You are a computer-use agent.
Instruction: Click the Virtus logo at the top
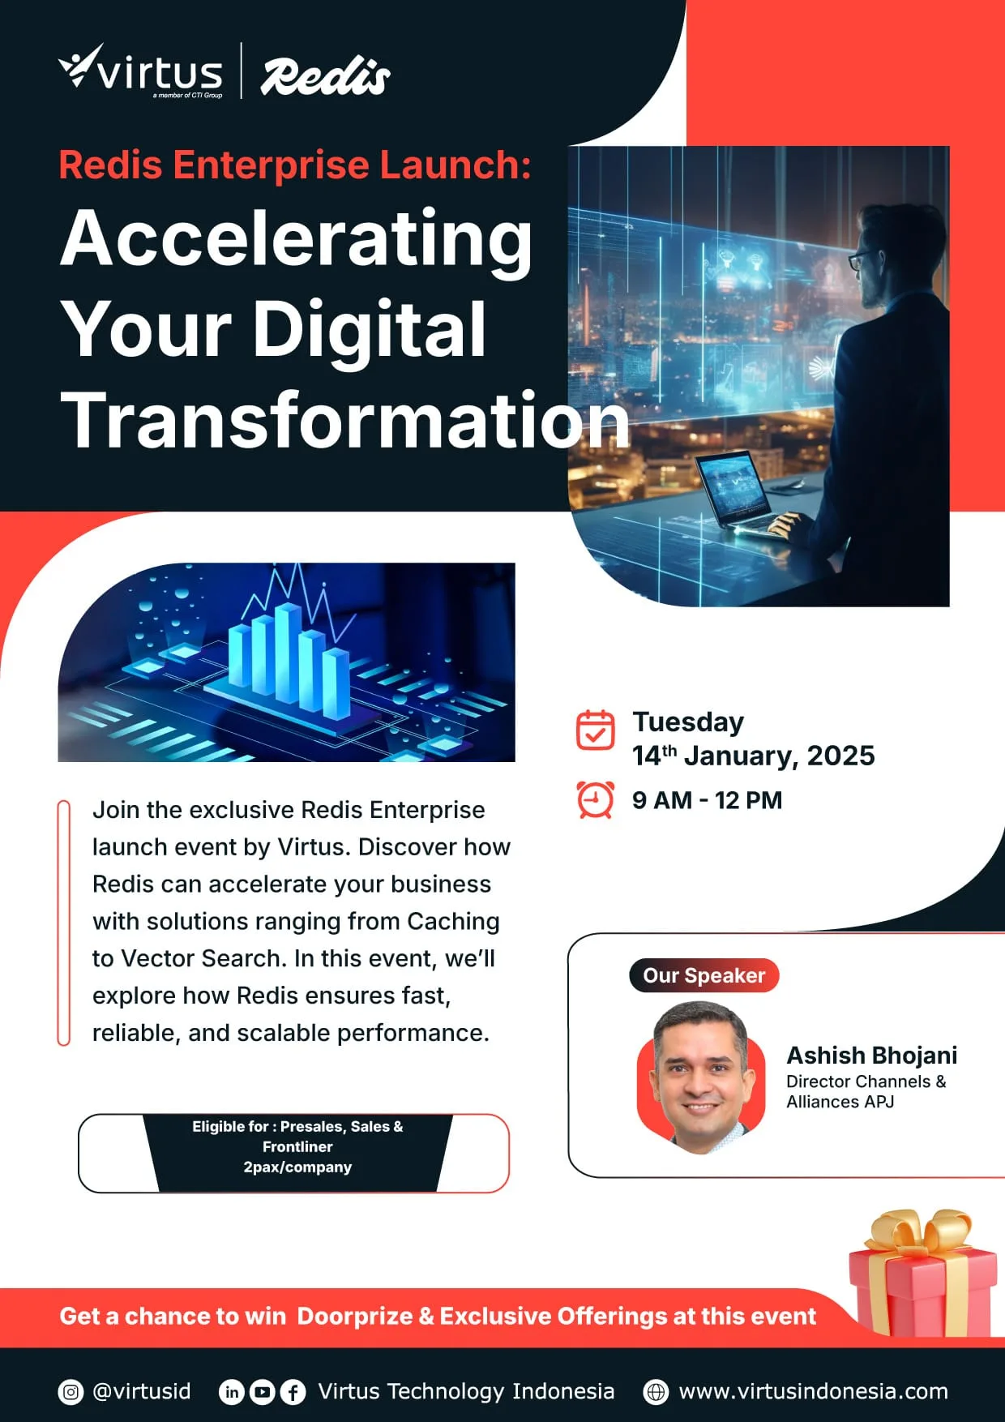click(140, 71)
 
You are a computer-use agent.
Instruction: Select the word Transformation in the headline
click(345, 419)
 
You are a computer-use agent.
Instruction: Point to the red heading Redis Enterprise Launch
click(295, 165)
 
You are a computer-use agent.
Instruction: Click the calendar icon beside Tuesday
click(595, 730)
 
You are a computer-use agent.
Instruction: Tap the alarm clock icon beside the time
click(595, 799)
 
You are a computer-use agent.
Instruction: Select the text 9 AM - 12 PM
click(708, 800)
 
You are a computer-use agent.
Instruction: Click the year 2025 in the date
click(841, 756)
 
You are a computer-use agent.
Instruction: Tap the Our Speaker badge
click(703, 975)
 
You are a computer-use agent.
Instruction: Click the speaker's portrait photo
click(701, 1077)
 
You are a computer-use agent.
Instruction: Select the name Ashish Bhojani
click(872, 1055)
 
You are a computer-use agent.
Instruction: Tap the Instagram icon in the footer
click(71, 1392)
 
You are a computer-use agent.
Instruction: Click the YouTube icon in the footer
click(262, 1392)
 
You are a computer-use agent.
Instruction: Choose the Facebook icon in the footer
click(293, 1392)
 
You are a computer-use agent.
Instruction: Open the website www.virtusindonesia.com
click(813, 1391)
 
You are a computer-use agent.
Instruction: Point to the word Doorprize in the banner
click(355, 1316)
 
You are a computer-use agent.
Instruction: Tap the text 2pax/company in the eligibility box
click(297, 1167)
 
